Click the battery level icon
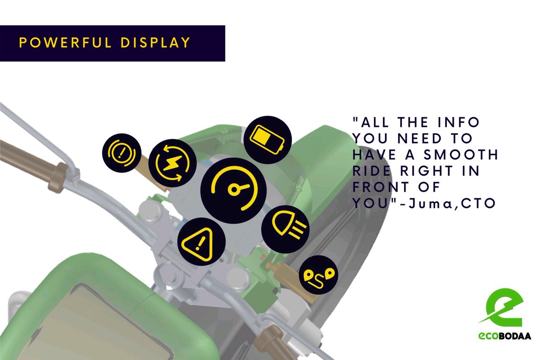pyautogui.click(x=267, y=139)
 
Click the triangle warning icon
pyautogui.click(x=201, y=241)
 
